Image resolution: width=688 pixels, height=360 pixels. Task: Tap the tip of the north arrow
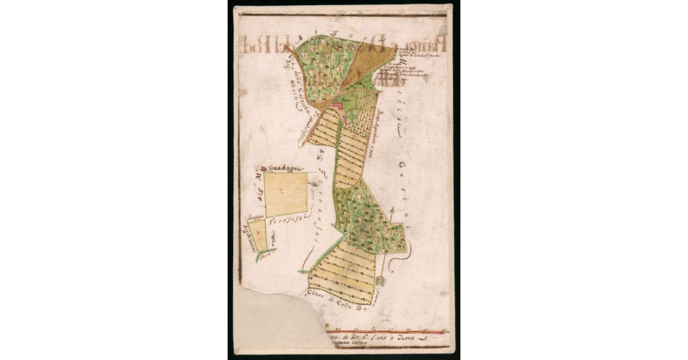[x=392, y=208]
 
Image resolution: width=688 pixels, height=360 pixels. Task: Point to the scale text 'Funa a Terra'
[x=393, y=338]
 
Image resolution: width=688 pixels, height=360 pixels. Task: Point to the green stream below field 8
[x=266, y=253]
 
